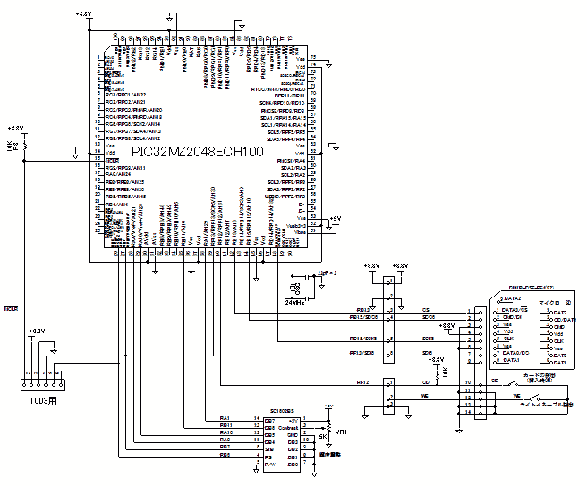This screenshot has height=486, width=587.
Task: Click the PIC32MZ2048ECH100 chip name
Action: [198, 153]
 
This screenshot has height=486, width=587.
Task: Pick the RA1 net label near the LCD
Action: [225, 418]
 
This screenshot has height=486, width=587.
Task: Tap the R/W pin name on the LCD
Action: [269, 465]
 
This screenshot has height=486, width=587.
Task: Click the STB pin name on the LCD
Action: [269, 448]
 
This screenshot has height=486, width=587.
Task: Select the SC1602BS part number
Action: [285, 412]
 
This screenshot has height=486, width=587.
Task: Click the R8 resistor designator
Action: [25, 144]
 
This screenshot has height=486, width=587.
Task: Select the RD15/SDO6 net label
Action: [363, 317]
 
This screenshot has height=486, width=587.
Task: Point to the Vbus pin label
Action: [302, 231]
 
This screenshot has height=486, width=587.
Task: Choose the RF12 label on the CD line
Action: [363, 381]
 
